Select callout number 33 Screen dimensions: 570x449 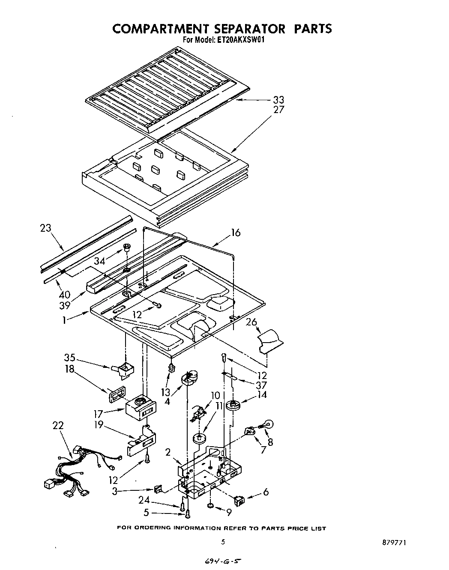(278, 100)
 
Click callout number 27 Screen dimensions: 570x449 (278, 110)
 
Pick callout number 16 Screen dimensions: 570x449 (236, 233)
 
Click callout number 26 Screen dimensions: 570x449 (252, 321)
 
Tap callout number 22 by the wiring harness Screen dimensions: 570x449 (58, 425)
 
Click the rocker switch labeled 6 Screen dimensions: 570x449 (239, 499)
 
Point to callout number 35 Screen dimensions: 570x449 (70, 358)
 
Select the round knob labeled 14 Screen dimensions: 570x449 (233, 404)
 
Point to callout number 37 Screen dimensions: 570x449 (261, 385)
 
